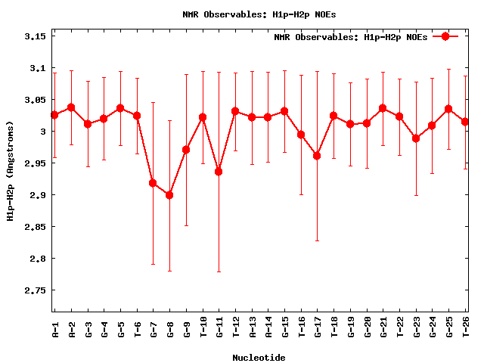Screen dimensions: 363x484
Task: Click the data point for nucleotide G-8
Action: click(x=169, y=195)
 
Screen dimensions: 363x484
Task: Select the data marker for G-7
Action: click(x=153, y=183)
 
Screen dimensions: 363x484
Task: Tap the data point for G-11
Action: click(x=219, y=172)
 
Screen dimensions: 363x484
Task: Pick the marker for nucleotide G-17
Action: click(x=317, y=156)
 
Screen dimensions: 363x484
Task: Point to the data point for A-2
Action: click(x=71, y=107)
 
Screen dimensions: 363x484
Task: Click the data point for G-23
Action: click(x=416, y=138)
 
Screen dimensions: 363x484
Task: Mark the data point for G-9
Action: click(x=186, y=150)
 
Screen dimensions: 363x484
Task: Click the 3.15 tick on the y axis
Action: click(x=36, y=36)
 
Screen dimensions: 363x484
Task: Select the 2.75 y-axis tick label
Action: click(x=36, y=290)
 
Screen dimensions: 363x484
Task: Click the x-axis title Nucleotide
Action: click(x=259, y=358)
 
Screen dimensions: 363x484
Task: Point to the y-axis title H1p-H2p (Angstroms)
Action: click(x=10, y=173)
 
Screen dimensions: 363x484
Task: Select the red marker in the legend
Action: click(x=445, y=36)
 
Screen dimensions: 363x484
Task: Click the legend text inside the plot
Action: click(x=350, y=36)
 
